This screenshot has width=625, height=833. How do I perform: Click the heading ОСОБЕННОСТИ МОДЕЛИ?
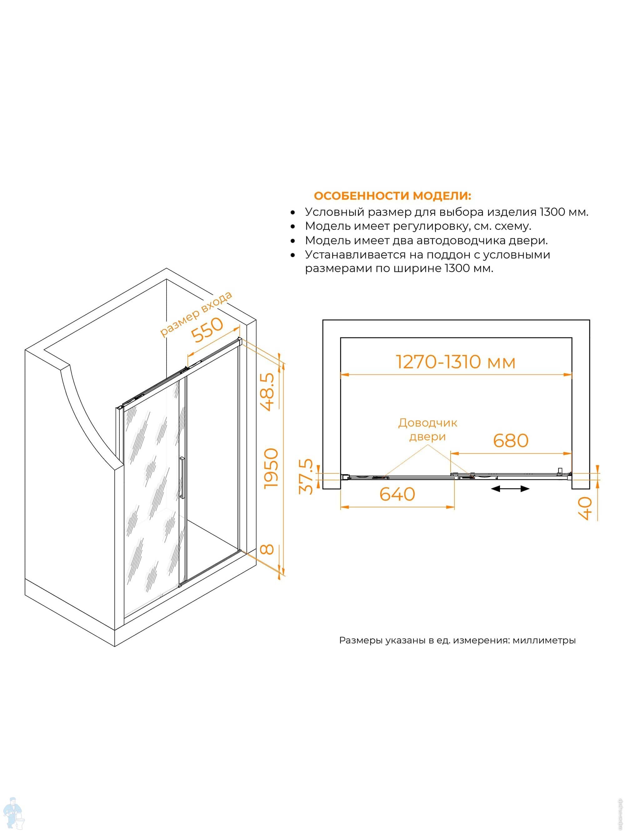click(392, 196)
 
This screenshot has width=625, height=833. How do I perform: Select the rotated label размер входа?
click(196, 313)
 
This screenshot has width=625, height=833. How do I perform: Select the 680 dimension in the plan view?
click(511, 440)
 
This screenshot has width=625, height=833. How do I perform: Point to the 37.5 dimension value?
click(306, 476)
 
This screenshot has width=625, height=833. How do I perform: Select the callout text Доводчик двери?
click(427, 430)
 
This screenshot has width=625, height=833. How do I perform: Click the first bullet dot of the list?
click(293, 213)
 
